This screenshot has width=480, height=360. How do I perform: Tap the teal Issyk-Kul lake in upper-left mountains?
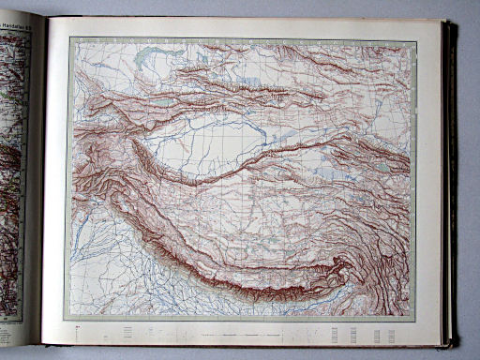pyautogui.click(x=159, y=102)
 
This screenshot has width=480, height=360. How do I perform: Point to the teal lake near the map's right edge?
pyautogui.click(x=383, y=169)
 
